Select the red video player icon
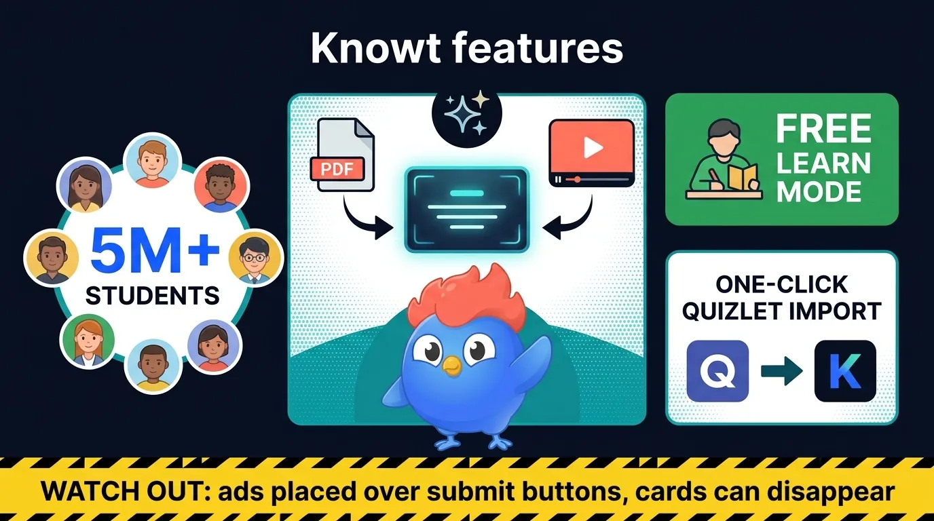point(591,152)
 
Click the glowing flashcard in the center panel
point(466,208)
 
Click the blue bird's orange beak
point(451,367)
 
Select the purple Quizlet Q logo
point(717,371)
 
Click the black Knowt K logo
point(845,371)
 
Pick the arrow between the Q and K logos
point(781,372)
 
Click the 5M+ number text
point(155,252)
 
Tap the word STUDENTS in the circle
point(153,296)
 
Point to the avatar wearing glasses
point(255,258)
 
